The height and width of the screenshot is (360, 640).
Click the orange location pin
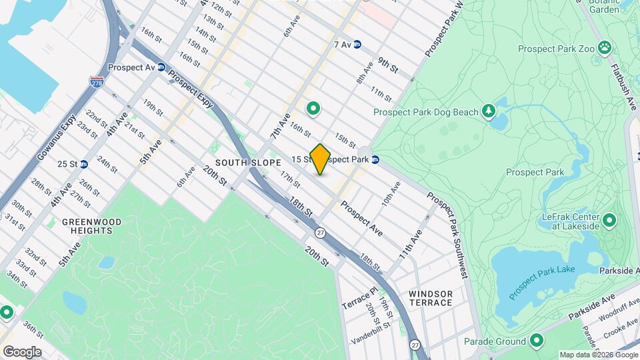pyautogui.click(x=320, y=159)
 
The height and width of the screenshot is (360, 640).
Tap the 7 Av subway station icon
pyautogui.click(x=357, y=44)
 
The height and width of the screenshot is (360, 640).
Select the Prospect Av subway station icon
pyautogui.click(x=161, y=67)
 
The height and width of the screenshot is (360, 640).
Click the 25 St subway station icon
pyautogui.click(x=84, y=164)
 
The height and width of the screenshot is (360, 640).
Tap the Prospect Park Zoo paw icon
pyautogui.click(x=605, y=47)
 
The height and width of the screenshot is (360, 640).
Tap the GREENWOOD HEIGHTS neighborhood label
pyautogui.click(x=87, y=226)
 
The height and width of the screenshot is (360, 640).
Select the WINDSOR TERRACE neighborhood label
pyautogui.click(x=431, y=298)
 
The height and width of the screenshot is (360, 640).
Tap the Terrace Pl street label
pyautogui.click(x=360, y=297)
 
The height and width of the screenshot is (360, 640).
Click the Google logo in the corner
pyautogui.click(x=22, y=351)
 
